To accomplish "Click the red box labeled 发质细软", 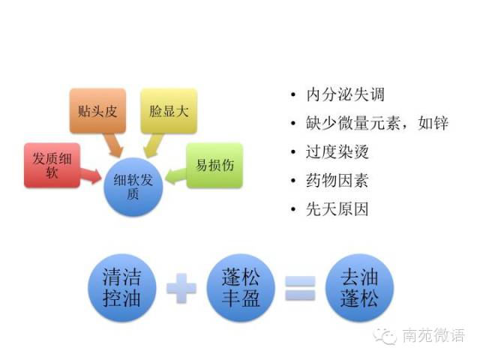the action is click(x=50, y=164).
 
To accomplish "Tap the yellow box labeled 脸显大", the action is click(x=169, y=111).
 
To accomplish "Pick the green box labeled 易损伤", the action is click(x=214, y=164).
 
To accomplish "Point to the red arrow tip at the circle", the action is click(x=100, y=177).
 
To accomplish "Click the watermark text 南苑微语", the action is click(x=433, y=335).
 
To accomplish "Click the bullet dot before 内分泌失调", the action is click(x=292, y=96).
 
